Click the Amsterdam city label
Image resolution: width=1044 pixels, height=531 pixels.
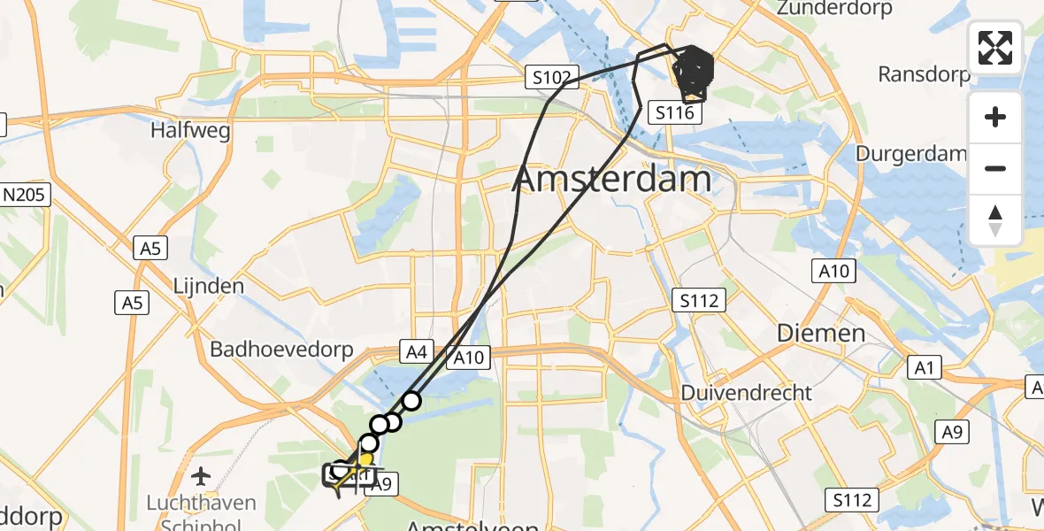[x=611, y=180]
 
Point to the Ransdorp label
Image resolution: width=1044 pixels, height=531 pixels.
[x=924, y=74]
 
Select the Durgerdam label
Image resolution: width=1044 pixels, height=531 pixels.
[x=910, y=153]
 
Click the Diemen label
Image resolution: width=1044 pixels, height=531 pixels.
[x=820, y=334]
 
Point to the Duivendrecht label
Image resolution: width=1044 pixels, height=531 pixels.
[x=746, y=391]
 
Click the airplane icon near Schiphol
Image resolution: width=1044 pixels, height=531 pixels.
[x=202, y=476]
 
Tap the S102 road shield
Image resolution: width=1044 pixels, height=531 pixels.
[x=550, y=78]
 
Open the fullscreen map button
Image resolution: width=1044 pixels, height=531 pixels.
[x=995, y=47]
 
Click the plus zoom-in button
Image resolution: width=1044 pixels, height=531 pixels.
[x=995, y=117]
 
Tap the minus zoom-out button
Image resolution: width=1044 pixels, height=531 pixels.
[x=995, y=168]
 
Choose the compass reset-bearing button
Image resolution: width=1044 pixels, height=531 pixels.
[x=995, y=219]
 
